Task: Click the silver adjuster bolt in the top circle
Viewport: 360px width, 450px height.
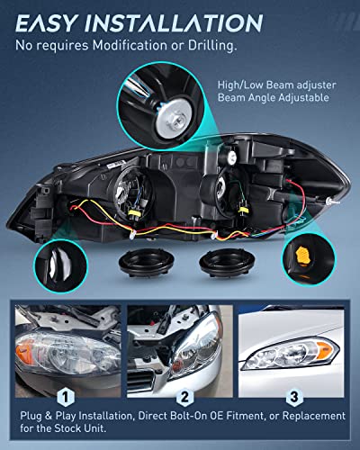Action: (x=167, y=95)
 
